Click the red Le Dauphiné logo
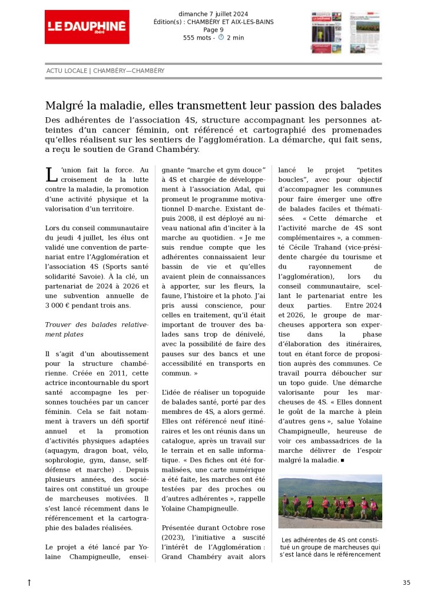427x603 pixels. coord(87,26)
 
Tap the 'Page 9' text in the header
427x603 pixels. coord(213,30)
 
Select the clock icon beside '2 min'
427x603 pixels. coord(221,37)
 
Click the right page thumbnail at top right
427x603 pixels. coord(365,33)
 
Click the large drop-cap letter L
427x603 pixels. coord(50,175)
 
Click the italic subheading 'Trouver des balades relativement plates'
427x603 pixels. coord(89,329)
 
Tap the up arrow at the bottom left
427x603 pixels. coord(29,582)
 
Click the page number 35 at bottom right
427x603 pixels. coord(406,582)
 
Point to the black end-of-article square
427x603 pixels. coord(342,460)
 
